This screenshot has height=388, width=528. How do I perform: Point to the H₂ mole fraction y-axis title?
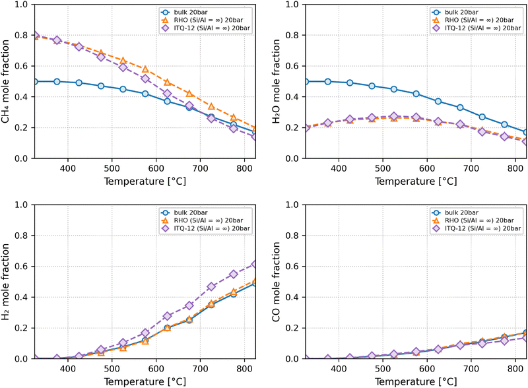9,282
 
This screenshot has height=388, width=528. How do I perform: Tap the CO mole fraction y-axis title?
278,282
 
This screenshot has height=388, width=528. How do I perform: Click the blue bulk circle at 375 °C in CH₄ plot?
57,81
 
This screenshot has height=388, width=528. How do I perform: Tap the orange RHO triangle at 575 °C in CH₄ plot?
145,69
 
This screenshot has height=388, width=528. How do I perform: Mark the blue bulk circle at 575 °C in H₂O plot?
416,94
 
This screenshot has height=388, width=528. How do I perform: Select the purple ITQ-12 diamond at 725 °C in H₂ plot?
212,286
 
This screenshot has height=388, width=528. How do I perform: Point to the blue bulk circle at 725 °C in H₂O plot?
482,117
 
